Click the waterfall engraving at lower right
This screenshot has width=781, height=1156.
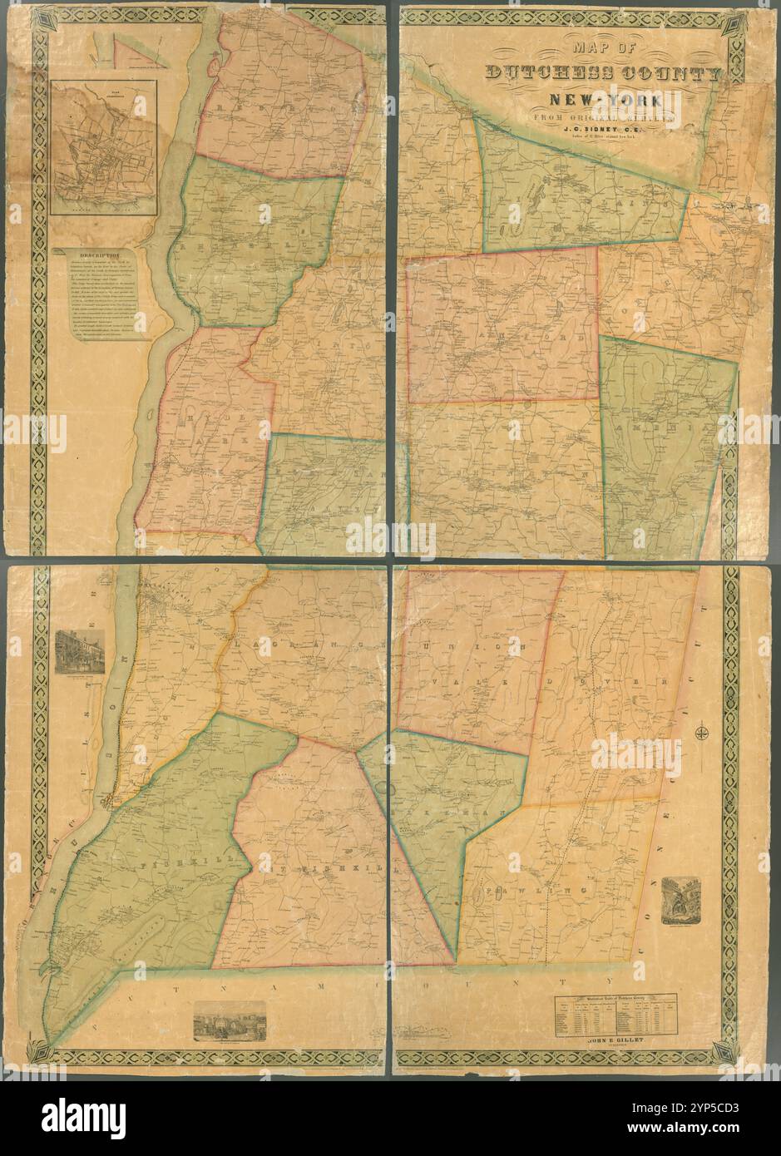coord(680,900)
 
